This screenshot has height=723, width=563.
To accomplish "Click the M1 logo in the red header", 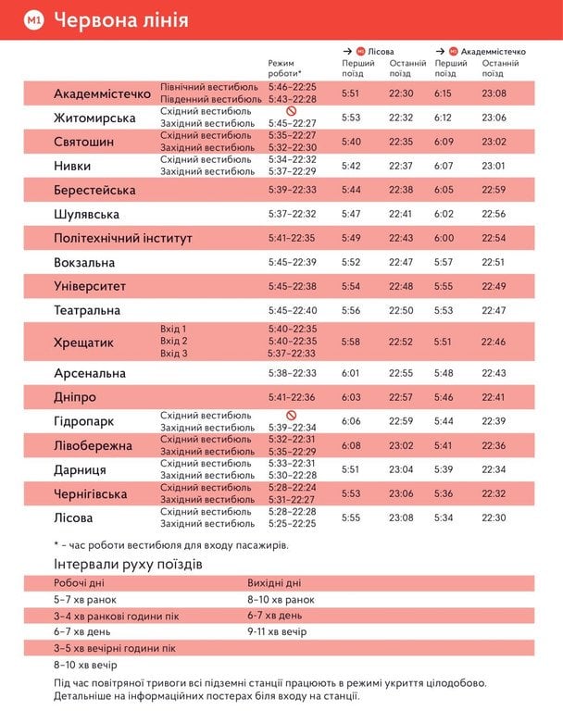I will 34,19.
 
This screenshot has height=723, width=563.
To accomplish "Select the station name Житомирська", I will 94,118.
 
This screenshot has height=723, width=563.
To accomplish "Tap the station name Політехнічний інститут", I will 123,239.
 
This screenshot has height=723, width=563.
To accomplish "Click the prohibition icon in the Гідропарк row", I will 291,416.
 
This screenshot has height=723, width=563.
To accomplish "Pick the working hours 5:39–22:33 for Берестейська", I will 293,190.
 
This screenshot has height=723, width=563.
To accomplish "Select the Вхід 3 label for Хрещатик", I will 174,354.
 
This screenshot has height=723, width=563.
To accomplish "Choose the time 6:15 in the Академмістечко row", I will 445,93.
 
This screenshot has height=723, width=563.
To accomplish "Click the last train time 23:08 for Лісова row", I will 401,518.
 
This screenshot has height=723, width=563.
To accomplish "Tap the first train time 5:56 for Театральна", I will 351,311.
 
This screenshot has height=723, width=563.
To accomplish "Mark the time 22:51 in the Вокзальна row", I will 494,262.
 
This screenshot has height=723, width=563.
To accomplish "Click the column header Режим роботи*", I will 284,68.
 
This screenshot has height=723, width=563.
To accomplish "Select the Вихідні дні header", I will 274,583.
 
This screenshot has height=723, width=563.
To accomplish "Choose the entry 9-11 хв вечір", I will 277,632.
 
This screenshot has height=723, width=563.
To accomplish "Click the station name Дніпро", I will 75,397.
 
